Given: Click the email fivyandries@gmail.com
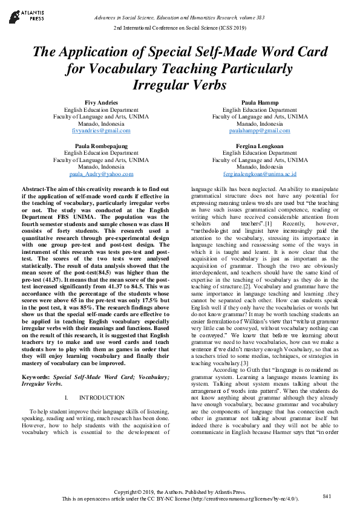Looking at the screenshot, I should (101, 131).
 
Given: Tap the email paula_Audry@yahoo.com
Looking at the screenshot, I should (101, 174).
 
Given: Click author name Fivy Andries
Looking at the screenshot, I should (101, 103).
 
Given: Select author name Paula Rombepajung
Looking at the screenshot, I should (101, 146).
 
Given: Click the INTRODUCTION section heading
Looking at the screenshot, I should (102, 398).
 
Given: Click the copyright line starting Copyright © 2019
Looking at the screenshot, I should (180, 492).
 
